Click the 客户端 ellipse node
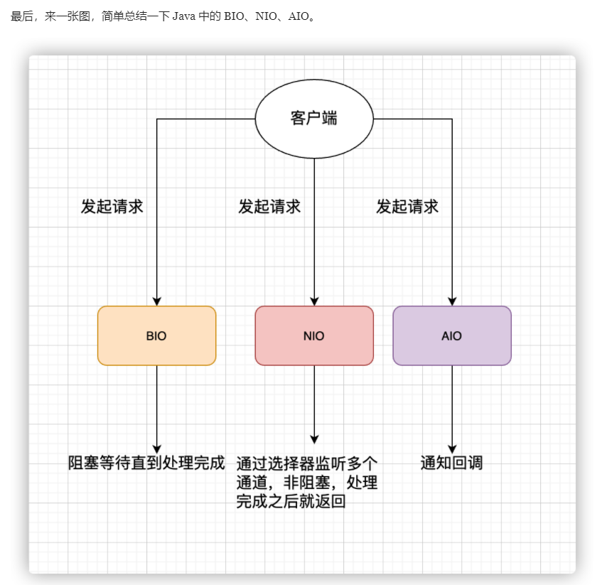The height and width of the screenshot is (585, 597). point(314,119)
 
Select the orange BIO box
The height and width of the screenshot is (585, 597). point(156,336)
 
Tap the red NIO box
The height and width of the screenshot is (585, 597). point(314,336)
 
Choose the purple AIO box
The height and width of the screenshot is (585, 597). point(452,336)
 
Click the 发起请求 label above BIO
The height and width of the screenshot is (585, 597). point(112,207)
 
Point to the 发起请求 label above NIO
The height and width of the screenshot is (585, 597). point(269,207)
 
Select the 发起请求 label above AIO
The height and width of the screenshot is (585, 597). point(407,207)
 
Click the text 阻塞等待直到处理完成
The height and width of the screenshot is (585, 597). point(146,463)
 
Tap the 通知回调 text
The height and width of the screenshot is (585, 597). point(452,463)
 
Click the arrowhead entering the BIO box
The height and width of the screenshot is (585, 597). point(157,301)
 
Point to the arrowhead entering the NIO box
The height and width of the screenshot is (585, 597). point(314,301)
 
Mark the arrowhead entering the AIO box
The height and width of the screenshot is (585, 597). point(452,301)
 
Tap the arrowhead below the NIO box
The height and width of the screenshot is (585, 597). point(314,439)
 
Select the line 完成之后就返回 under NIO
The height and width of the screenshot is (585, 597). point(291,503)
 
